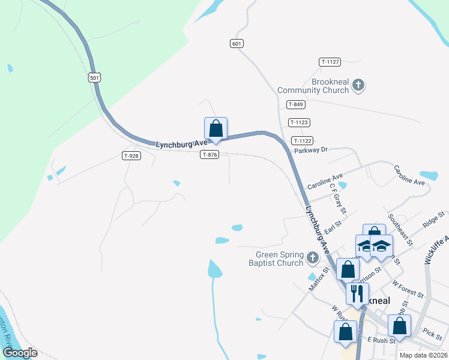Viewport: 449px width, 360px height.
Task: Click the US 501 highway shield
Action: pyautogui.click(x=94, y=77)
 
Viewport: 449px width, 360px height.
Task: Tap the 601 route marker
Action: pyautogui.click(x=237, y=43)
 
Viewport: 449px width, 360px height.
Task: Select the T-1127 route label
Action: pyautogui.click(x=330, y=62)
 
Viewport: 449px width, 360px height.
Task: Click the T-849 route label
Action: pyautogui.click(x=295, y=104)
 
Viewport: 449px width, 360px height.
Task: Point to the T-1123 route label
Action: pyautogui.click(x=299, y=122)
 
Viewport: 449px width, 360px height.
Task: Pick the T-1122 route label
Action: pyautogui.click(x=301, y=140)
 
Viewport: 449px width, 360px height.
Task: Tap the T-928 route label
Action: pyautogui.click(x=131, y=156)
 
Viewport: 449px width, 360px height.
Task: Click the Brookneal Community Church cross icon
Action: pyautogui.click(x=358, y=85)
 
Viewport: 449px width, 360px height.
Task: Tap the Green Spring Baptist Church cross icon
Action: pyautogui.click(x=312, y=259)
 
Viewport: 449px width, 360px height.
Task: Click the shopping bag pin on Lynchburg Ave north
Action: pyautogui.click(x=216, y=128)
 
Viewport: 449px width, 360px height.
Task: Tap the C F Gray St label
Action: pyautogui.click(x=338, y=198)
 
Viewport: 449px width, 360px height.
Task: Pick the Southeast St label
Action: pyautogui.click(x=400, y=230)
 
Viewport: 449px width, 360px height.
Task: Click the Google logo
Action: pyautogui.click(x=20, y=352)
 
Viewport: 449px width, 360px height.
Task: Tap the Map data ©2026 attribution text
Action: pyautogui.click(x=423, y=355)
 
